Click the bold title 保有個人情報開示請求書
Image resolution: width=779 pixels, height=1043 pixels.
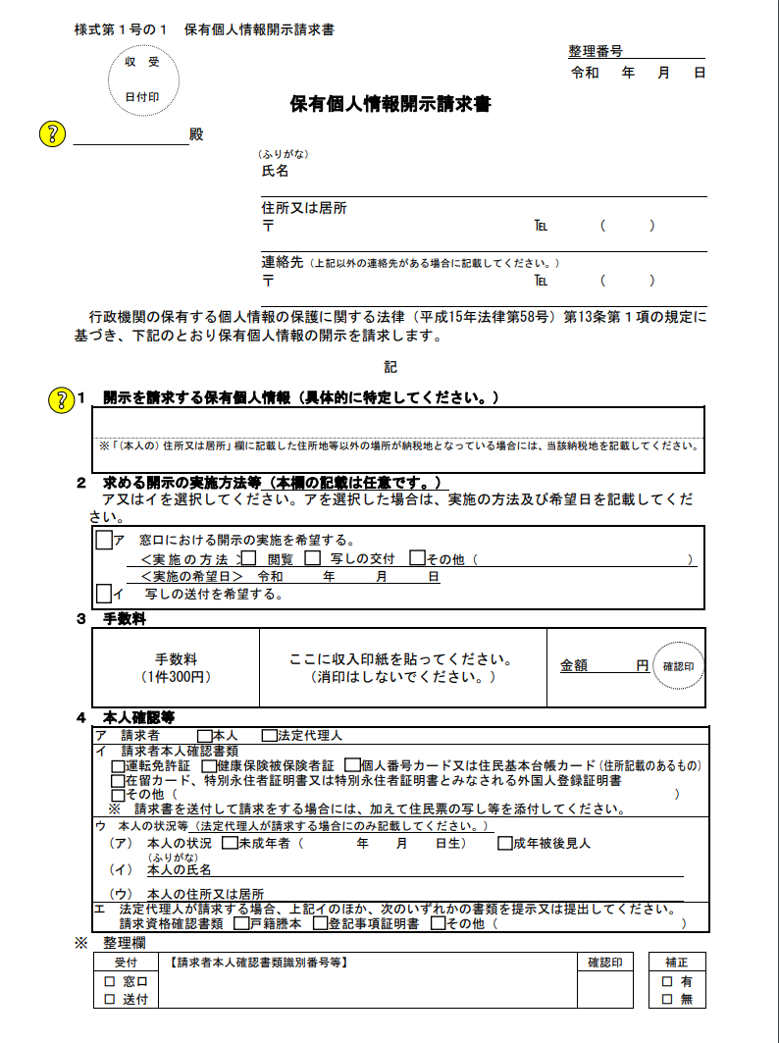click(389, 104)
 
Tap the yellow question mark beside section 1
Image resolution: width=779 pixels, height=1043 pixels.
click(61, 398)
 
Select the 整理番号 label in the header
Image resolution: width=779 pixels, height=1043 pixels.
click(596, 51)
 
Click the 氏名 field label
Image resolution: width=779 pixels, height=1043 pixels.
click(275, 171)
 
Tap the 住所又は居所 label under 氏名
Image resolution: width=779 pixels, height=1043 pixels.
click(303, 208)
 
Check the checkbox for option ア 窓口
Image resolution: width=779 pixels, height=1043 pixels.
click(104, 540)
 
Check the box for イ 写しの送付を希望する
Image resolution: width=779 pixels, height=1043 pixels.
click(104, 594)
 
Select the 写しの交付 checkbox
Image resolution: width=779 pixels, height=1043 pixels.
click(312, 558)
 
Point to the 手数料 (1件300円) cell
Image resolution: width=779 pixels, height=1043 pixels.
click(176, 668)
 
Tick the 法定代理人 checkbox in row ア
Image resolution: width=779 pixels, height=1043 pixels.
click(269, 735)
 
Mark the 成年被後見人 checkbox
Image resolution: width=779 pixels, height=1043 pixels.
click(505, 843)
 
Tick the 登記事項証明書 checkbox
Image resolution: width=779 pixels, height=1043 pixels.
click(320, 923)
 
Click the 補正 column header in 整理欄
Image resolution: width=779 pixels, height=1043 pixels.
click(676, 963)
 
